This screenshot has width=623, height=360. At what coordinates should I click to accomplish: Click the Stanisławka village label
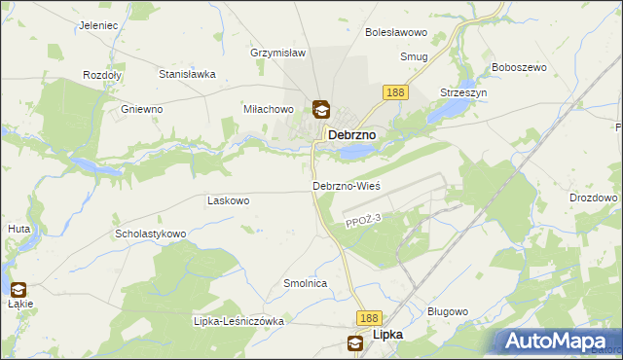[x=187, y=73]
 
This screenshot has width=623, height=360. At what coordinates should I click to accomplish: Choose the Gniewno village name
[x=141, y=109]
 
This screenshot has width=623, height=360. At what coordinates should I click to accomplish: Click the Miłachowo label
[x=269, y=110]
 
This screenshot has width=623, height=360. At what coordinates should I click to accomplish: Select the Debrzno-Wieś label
[x=346, y=185]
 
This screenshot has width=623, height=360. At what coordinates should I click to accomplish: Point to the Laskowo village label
[x=229, y=200]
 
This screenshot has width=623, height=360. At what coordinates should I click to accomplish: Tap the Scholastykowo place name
[x=151, y=234]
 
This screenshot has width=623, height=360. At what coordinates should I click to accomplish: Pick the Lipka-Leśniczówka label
[x=238, y=321]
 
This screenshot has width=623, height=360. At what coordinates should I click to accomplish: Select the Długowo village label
[x=449, y=311]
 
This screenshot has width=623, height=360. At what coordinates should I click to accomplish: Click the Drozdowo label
[x=594, y=198]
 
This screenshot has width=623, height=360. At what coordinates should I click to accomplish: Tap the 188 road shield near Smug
[x=394, y=91]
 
